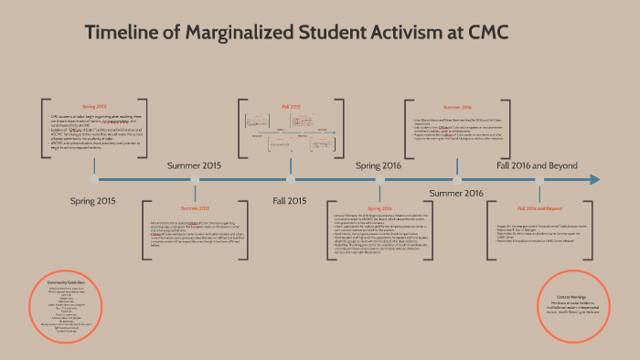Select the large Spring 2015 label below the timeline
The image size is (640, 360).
(x=93, y=200)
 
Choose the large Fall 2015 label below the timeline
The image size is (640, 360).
(x=291, y=200)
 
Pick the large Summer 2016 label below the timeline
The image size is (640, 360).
(x=455, y=193)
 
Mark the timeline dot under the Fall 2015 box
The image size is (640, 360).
(x=291, y=179)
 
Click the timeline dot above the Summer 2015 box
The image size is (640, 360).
(x=195, y=179)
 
